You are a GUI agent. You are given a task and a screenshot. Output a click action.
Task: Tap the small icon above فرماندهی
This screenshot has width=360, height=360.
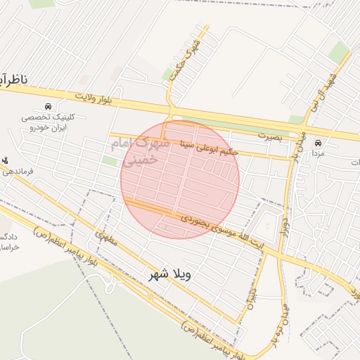pyautogui.click(x=6, y=160)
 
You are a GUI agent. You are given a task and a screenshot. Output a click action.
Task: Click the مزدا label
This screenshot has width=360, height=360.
pyautogui.click(x=318, y=151)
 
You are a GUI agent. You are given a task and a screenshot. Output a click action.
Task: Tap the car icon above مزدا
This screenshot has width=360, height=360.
pyautogui.click(x=318, y=140)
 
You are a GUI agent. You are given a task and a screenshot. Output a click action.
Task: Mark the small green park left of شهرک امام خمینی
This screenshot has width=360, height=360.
pyautogui.click(x=109, y=161)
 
